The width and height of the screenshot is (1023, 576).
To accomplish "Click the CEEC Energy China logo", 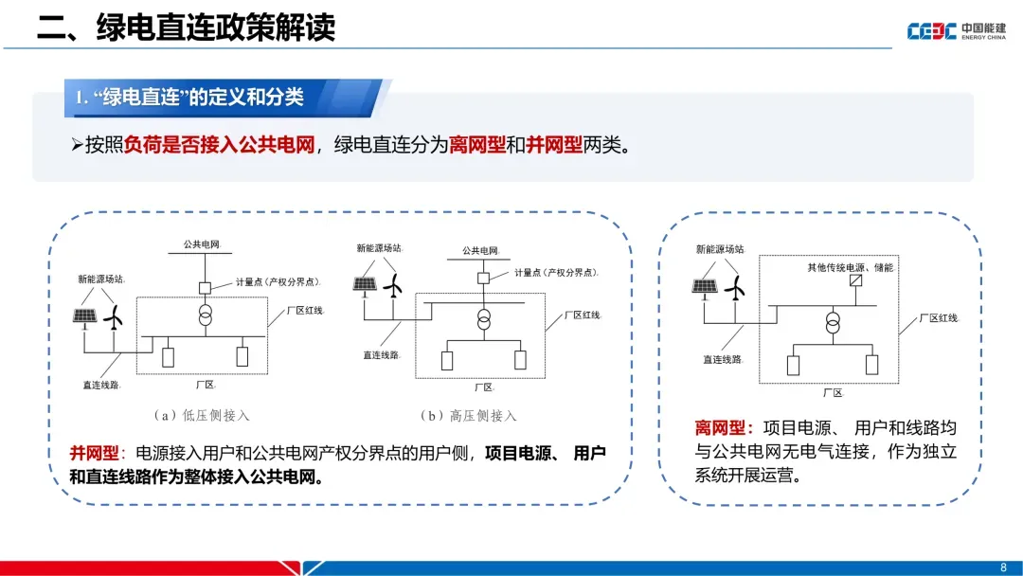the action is (956, 30).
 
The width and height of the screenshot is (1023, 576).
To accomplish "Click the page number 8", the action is (1003, 567).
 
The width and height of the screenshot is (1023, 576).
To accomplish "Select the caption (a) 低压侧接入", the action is (201, 415).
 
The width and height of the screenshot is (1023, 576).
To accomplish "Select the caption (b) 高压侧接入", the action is (470, 415).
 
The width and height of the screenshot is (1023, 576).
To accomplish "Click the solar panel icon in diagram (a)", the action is (85, 316).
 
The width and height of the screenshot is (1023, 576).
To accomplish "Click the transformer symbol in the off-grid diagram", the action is (833, 324).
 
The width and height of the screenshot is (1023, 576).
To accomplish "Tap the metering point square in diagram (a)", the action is (204, 287).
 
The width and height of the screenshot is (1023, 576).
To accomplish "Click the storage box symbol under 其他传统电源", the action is (855, 281).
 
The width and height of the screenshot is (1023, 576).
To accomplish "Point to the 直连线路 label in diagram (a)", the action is (101, 386).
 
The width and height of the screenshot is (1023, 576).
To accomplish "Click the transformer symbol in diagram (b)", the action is (484, 317).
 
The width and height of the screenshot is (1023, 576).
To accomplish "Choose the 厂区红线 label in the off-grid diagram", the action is (939, 318).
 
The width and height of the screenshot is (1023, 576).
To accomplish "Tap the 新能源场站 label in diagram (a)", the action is (101, 279).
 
